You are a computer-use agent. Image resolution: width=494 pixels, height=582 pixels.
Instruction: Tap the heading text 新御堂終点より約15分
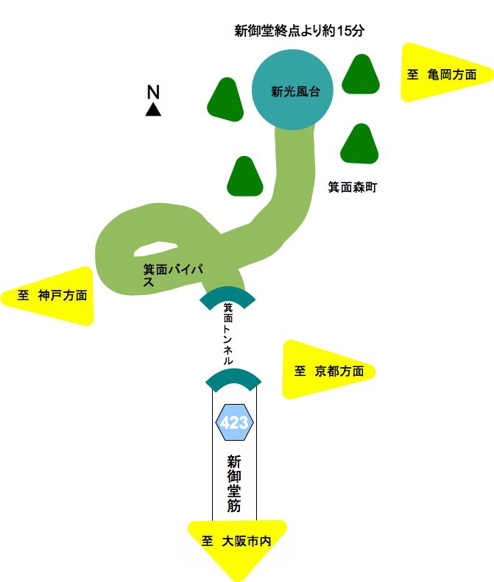[299, 31]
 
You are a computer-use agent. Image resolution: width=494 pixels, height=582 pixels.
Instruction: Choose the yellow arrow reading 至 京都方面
[326, 371]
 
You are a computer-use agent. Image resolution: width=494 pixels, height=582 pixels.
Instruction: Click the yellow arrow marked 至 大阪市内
[236, 545]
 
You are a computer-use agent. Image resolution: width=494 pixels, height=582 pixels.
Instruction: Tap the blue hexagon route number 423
[234, 423]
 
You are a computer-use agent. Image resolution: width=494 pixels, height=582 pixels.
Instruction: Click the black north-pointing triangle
[153, 110]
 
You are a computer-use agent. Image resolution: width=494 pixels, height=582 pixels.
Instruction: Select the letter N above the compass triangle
[153, 92]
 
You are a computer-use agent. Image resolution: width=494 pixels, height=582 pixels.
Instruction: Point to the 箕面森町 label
[352, 188]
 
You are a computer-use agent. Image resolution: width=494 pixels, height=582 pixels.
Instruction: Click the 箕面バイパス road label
[173, 275]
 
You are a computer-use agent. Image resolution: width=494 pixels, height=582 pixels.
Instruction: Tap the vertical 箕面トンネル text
[228, 334]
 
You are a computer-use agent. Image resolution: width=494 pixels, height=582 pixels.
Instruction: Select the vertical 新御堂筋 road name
[234, 483]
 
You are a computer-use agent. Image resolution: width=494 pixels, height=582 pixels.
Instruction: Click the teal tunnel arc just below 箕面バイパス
[227, 296]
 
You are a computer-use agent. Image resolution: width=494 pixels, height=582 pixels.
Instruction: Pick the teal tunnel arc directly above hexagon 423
[233, 378]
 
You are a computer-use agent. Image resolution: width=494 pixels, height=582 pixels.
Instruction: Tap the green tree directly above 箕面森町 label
[359, 144]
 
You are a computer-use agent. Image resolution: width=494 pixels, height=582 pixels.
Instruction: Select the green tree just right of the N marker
[225, 100]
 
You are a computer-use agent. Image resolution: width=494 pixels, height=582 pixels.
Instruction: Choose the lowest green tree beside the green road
[245, 177]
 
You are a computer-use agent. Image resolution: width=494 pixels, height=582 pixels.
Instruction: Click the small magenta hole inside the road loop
[157, 248]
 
